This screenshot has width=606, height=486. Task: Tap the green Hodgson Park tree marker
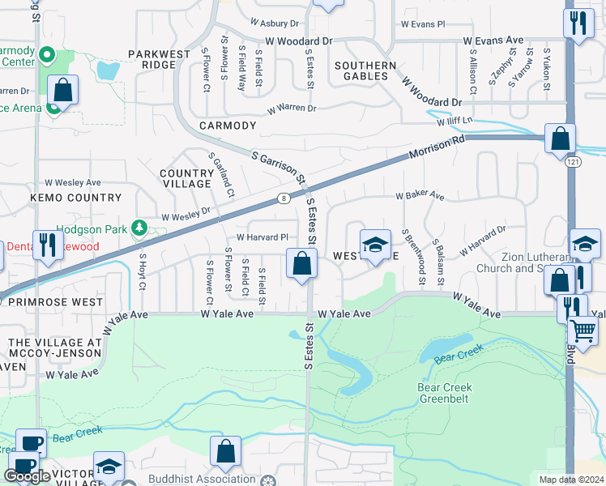(x=140, y=228)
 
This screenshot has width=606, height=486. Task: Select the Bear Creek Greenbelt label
(x=445, y=393)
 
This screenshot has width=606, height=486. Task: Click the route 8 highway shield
(x=283, y=198)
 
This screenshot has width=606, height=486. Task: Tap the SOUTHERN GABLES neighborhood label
(x=365, y=71)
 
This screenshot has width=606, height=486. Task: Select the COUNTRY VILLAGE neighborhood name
(x=186, y=178)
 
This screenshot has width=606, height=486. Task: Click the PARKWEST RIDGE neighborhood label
(x=152, y=59)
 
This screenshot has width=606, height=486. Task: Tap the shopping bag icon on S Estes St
(x=301, y=264)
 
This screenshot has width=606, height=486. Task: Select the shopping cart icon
(x=583, y=331)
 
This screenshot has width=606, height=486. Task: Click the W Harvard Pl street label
(x=262, y=237)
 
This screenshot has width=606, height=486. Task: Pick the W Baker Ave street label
(x=420, y=196)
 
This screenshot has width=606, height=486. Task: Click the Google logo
(x=28, y=476)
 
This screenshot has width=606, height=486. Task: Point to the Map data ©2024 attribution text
(x=570, y=480)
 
